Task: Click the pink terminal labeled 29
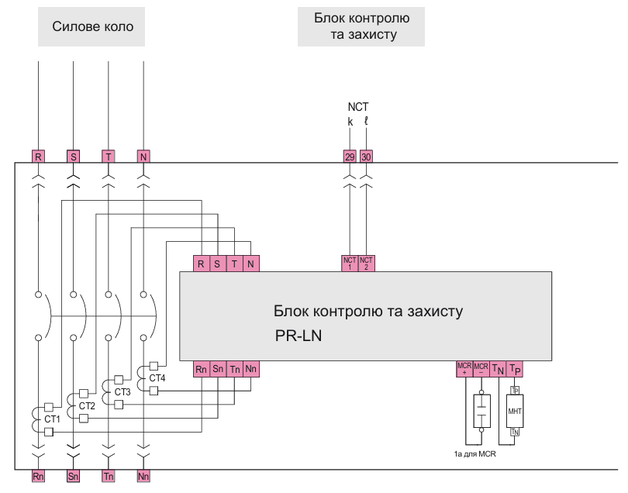click(349, 156)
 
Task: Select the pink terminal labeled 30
click(367, 156)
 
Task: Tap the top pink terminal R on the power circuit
click(37, 156)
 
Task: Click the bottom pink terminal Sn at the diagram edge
click(73, 476)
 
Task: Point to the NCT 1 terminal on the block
click(349, 264)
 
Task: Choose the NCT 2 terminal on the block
click(367, 264)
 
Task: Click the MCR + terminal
click(464, 369)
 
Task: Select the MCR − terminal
click(481, 369)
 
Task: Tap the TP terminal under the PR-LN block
click(516, 369)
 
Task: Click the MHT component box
click(516, 411)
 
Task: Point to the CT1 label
click(52, 419)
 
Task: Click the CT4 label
click(157, 378)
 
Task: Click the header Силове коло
click(93, 27)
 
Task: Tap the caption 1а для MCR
click(475, 454)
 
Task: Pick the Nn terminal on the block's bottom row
click(251, 369)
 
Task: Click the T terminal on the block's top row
click(234, 264)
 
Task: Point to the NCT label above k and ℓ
click(358, 107)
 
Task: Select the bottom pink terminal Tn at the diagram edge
click(108, 476)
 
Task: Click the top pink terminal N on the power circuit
click(143, 156)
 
